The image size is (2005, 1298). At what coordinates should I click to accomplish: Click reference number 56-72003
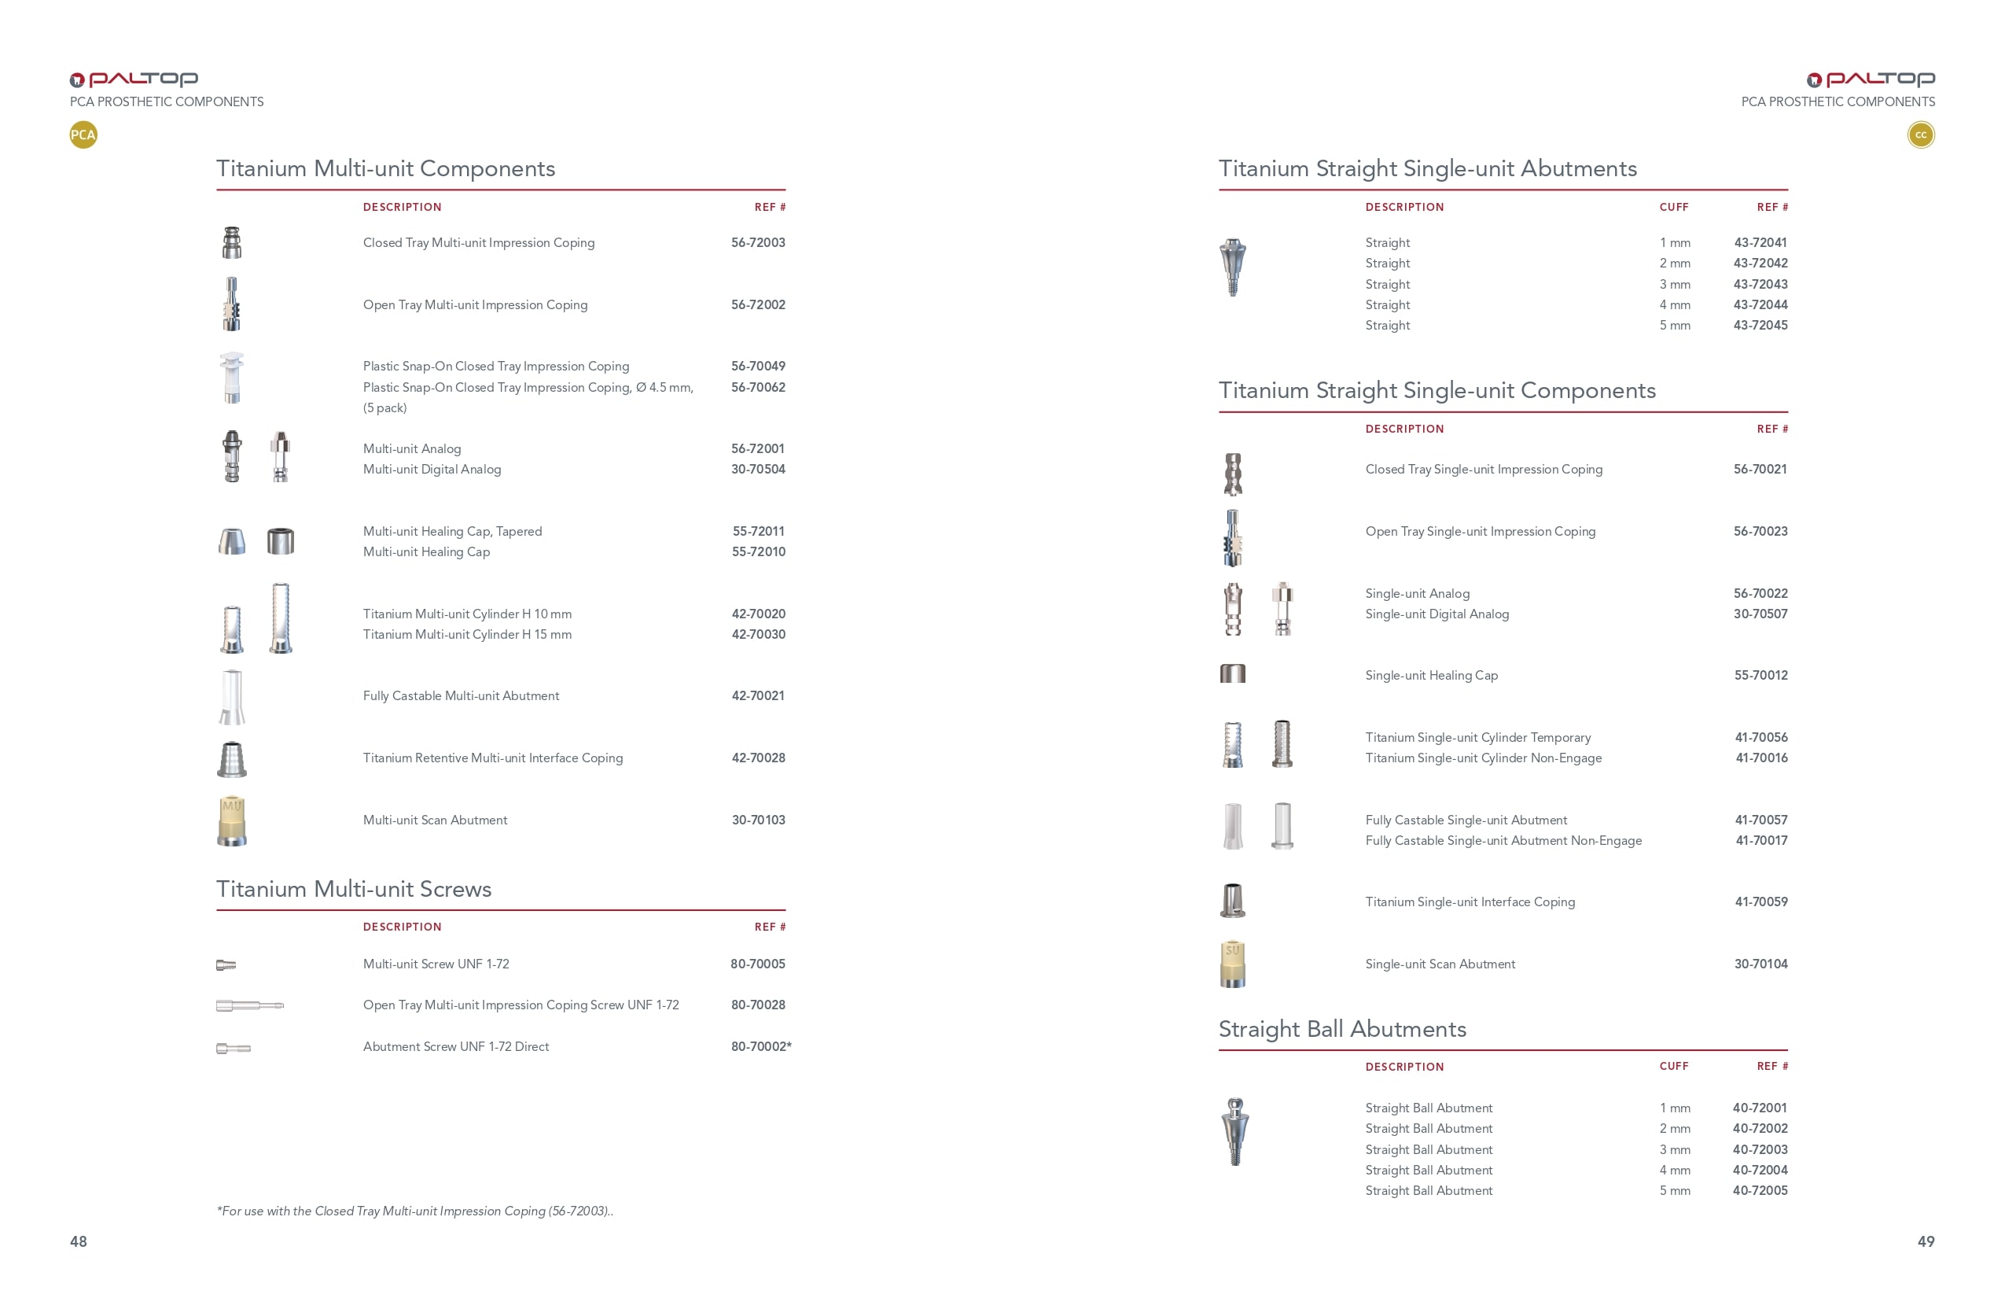point(757,243)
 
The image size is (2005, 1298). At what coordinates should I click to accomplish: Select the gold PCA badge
point(83,135)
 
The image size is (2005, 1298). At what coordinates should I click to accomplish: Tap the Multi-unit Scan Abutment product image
point(232,821)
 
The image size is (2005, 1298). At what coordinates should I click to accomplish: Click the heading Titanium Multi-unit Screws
point(354,889)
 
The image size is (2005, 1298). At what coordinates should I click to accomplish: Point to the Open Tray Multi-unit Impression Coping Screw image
point(249,1005)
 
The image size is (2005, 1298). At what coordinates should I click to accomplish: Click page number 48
point(79,1241)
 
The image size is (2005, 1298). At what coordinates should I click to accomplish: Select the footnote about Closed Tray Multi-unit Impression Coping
point(414,1211)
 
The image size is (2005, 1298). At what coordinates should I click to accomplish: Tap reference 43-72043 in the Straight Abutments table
point(1760,285)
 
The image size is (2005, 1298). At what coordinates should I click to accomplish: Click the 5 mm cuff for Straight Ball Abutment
point(1674,1191)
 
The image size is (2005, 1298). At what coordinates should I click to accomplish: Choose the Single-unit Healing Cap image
point(1233,673)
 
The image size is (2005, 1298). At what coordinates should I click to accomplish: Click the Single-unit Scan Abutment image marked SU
point(1233,964)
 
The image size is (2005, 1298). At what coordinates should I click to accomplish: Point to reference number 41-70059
point(1760,902)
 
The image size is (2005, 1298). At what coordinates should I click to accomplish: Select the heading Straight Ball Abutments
point(1342,1029)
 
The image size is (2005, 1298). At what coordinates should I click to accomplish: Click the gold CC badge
point(1921,135)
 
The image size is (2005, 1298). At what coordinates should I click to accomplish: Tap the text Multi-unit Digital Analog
point(432,470)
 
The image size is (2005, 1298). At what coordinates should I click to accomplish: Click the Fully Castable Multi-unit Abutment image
point(232,697)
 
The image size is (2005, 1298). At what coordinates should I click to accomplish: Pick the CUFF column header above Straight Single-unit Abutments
point(1674,208)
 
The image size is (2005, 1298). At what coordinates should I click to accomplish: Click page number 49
point(1926,1241)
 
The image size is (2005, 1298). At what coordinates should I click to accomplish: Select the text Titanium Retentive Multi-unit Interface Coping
point(493,758)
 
